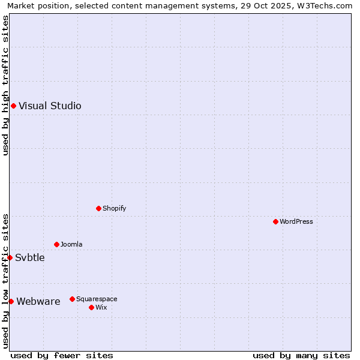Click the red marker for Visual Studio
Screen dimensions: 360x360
[13, 106]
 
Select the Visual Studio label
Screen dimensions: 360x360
[50, 106]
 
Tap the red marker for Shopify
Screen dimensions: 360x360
[98, 209]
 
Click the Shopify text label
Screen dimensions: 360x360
[114, 209]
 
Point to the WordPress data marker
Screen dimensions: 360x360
[275, 222]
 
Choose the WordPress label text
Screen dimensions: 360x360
[296, 222]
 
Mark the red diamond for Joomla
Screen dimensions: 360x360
[56, 245]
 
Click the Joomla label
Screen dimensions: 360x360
[71, 245]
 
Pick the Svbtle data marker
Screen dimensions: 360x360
[10, 258]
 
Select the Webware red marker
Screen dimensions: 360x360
[11, 302]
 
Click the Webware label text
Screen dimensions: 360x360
[38, 302]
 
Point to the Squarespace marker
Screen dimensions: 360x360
[72, 299]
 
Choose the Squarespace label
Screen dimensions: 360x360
[97, 299]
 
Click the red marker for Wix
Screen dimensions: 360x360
[91, 308]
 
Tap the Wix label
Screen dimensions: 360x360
[101, 308]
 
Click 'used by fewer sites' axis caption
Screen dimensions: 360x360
[62, 356]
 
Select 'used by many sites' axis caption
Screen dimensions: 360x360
[301, 356]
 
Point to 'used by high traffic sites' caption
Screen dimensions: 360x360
[5, 85]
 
